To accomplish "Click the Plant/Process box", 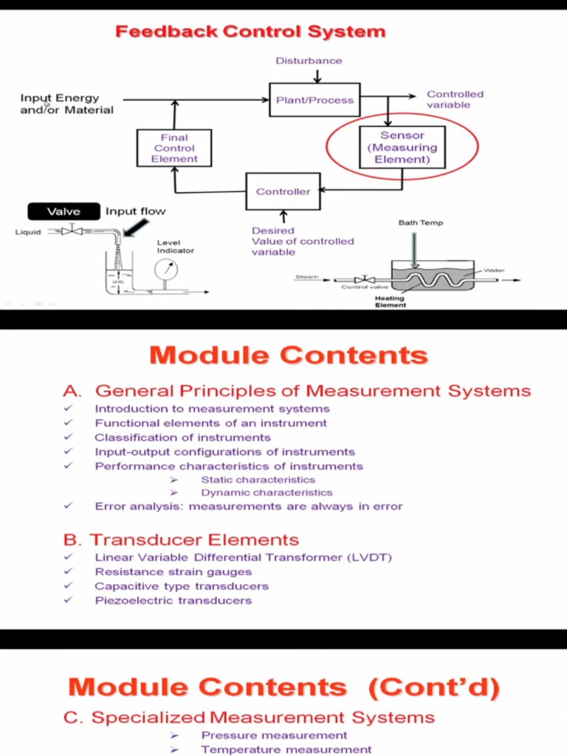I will point(315,100).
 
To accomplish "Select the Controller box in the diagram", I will point(283,191).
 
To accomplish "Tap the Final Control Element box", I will point(174,148).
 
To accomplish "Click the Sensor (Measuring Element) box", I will point(402,148).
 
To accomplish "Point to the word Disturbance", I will point(309,61).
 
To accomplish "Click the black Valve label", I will point(63,212).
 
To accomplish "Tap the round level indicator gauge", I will point(165,270).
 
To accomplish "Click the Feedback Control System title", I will point(250,32).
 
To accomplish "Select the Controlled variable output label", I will point(455,100).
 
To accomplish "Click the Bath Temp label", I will point(420,222).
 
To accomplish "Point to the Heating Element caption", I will point(391,301).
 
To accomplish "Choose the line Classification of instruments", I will point(182,437).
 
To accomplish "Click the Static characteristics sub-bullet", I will point(258,480).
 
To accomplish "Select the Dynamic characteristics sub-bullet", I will point(267,492).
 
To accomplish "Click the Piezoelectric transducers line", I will point(173,600).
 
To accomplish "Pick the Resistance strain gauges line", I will point(173,571).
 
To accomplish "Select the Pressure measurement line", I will point(274,735).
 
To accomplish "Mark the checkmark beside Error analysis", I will point(68,506).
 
